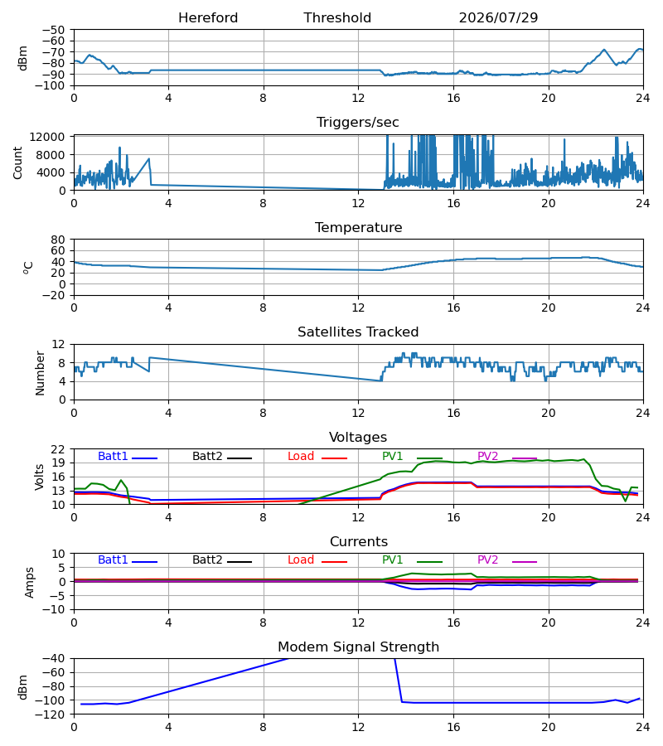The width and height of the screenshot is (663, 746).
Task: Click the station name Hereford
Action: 208,18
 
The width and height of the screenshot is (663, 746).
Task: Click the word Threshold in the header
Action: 337,18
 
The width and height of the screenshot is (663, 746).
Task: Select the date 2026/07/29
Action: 498,18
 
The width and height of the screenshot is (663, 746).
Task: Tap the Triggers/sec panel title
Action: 358,123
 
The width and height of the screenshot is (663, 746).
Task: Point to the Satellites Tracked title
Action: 358,332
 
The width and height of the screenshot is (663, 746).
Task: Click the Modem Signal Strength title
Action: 359,647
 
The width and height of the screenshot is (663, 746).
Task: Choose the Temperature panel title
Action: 358,227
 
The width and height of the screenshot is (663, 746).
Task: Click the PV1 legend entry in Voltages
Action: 412,456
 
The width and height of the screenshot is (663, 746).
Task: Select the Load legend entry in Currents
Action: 317,560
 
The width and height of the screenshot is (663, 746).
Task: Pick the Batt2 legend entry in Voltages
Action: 222,456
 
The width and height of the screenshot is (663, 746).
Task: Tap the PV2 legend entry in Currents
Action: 507,560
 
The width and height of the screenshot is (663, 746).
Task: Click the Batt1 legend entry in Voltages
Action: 128,456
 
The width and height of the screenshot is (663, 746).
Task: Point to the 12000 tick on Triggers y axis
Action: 47,137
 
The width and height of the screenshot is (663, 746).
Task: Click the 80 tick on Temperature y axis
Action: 58,240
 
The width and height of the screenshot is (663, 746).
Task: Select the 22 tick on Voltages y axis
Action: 58,449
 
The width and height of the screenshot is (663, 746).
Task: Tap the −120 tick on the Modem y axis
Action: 53,715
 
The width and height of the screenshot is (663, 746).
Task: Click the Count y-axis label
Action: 18,162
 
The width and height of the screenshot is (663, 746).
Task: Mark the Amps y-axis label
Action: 30,583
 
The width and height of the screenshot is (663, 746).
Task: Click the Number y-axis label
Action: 40,374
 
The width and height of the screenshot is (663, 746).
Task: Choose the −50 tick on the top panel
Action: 53,30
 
